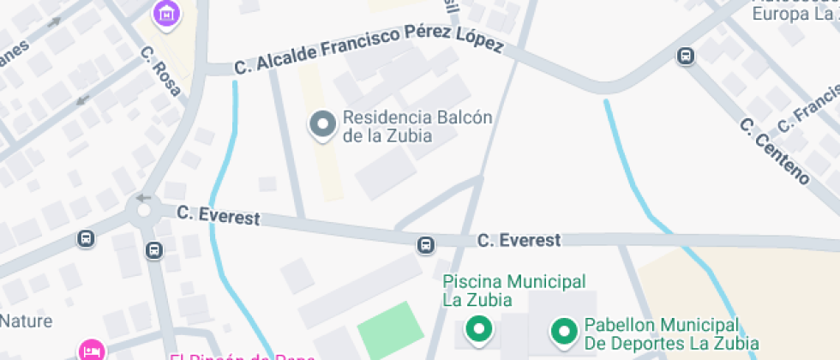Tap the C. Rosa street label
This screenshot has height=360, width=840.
click(161, 71)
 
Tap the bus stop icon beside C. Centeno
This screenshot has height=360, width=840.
click(686, 57)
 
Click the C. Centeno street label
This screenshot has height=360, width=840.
click(774, 151)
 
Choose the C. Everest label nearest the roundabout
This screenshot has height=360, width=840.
click(218, 215)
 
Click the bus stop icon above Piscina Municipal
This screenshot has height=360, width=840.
click(425, 245)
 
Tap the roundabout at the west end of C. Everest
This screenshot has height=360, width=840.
click(143, 207)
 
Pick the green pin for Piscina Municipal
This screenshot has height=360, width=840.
click(478, 328)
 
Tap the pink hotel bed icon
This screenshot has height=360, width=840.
click(92, 350)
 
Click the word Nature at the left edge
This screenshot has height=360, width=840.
click(26, 321)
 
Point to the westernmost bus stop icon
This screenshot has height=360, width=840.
click(86, 238)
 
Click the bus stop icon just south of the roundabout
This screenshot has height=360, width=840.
click(153, 250)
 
